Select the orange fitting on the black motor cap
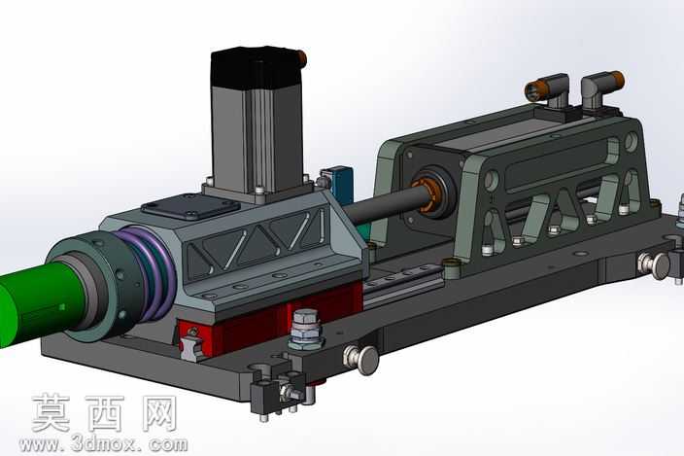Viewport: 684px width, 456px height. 301,57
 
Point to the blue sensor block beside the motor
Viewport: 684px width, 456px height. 341,186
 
